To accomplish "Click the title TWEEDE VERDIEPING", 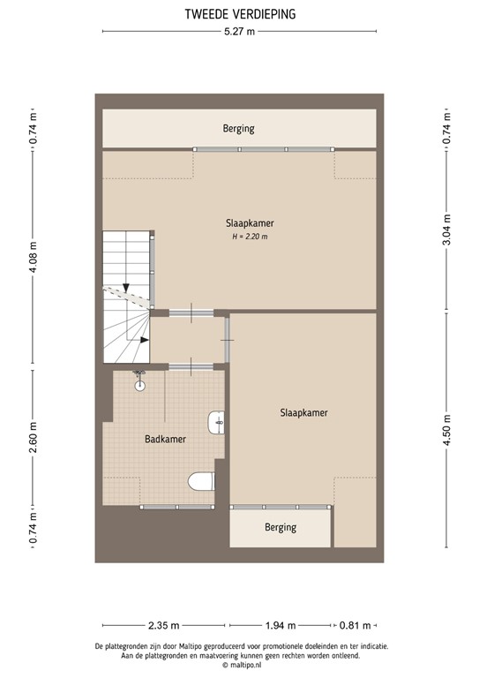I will click(x=239, y=13).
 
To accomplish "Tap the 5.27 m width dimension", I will click(x=239, y=33).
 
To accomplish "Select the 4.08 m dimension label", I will click(x=34, y=258).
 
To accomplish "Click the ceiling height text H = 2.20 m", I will click(x=250, y=236).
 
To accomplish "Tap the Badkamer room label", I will click(x=164, y=438).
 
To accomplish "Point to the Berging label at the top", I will click(x=238, y=129).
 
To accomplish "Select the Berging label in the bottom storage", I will click(x=281, y=528).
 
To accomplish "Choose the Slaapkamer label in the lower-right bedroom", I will click(x=304, y=412).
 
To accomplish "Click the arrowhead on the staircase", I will click(x=127, y=289).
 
